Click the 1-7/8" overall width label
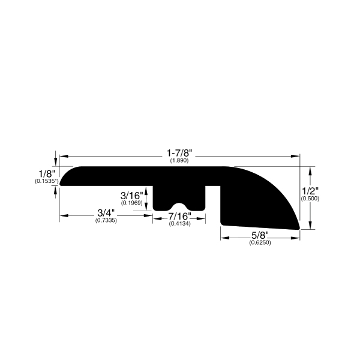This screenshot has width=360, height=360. (179, 153)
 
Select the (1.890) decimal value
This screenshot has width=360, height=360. (179, 160)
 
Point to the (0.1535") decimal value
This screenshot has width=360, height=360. (46, 181)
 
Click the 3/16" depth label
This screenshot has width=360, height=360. (131, 196)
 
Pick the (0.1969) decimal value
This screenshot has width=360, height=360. (132, 203)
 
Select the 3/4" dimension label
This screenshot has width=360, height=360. (106, 213)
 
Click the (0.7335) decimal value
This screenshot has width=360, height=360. (106, 220)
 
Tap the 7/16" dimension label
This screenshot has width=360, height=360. (180, 216)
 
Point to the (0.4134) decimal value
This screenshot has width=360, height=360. (180, 223)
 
